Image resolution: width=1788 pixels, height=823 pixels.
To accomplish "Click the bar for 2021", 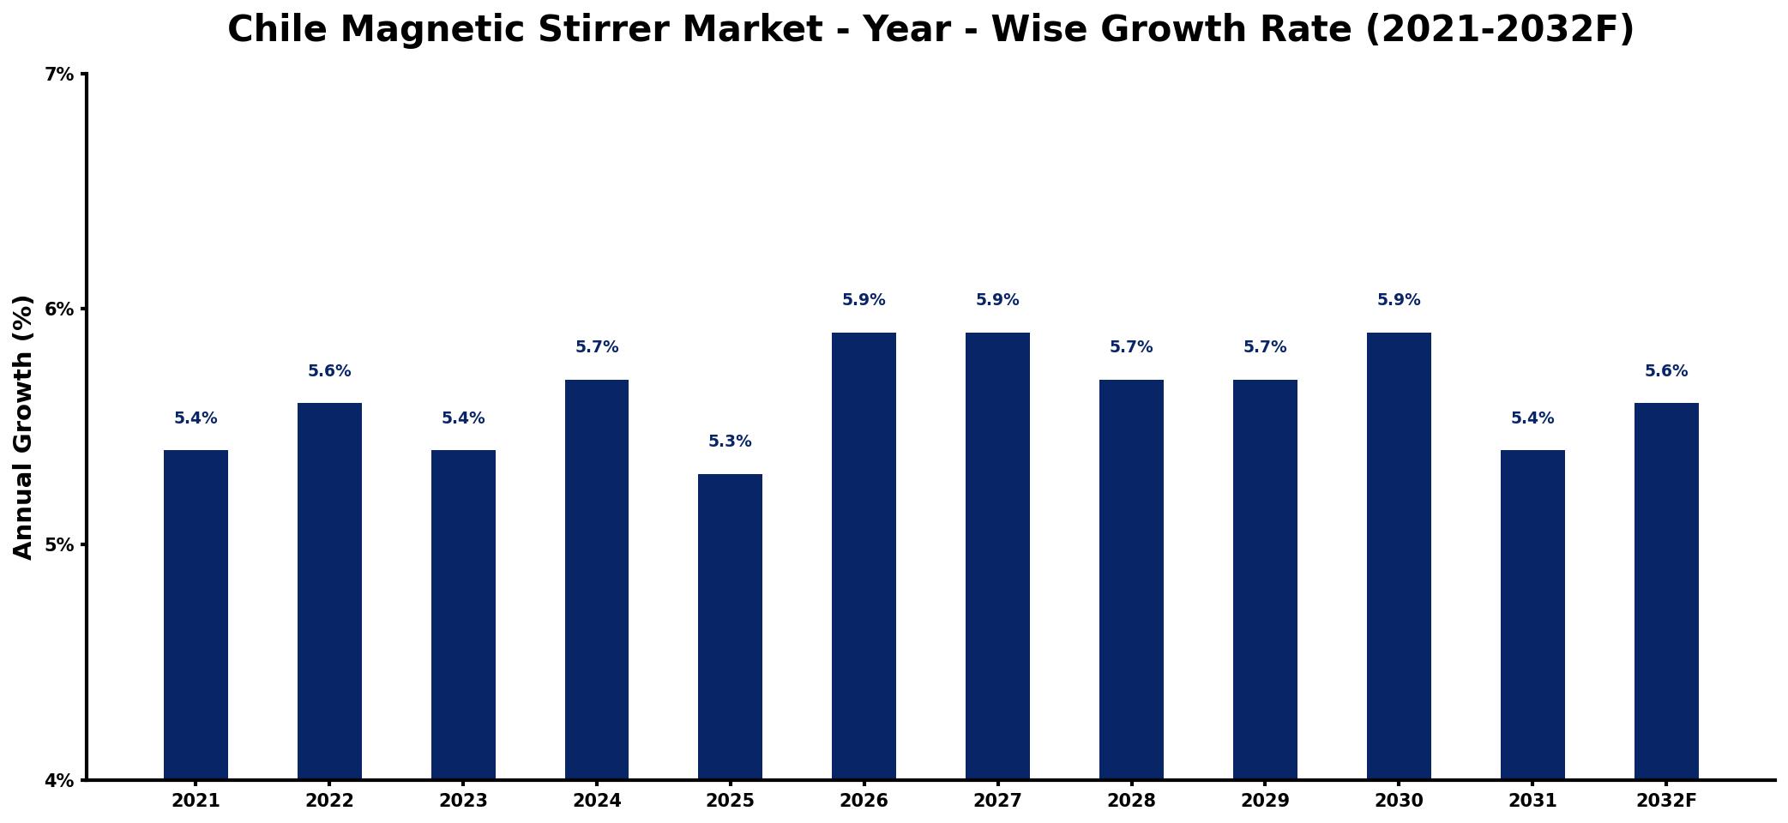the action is [196, 615].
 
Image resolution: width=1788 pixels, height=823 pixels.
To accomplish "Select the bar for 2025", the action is [730, 627].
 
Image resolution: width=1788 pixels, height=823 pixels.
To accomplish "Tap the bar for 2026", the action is [864, 556].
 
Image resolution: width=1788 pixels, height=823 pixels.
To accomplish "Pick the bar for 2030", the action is [1399, 556].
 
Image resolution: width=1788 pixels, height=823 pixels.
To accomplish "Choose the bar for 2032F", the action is [1666, 592].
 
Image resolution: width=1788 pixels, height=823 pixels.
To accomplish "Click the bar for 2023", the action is [463, 615].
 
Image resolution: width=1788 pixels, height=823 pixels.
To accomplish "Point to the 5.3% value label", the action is [730, 442].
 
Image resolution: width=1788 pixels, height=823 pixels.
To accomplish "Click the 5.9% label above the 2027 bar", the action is [997, 300].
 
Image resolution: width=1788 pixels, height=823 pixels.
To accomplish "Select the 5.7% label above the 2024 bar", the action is [597, 347].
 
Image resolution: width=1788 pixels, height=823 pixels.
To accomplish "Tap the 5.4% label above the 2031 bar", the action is [1532, 418].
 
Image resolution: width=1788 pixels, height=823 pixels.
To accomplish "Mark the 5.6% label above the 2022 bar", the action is [329, 371].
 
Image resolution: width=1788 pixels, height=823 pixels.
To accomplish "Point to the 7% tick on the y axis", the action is [59, 75].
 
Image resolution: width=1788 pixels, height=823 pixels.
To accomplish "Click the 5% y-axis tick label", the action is [59, 545].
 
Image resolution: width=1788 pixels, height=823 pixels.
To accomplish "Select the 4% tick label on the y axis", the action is [59, 781].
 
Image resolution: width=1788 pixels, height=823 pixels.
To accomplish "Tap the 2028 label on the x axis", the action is [1131, 801].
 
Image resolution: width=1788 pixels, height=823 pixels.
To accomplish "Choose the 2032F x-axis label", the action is [1666, 801].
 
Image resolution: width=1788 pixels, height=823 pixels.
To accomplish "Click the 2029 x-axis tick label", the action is [1265, 801].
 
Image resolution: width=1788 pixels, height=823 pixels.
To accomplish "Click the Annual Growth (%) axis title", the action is [23, 427].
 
